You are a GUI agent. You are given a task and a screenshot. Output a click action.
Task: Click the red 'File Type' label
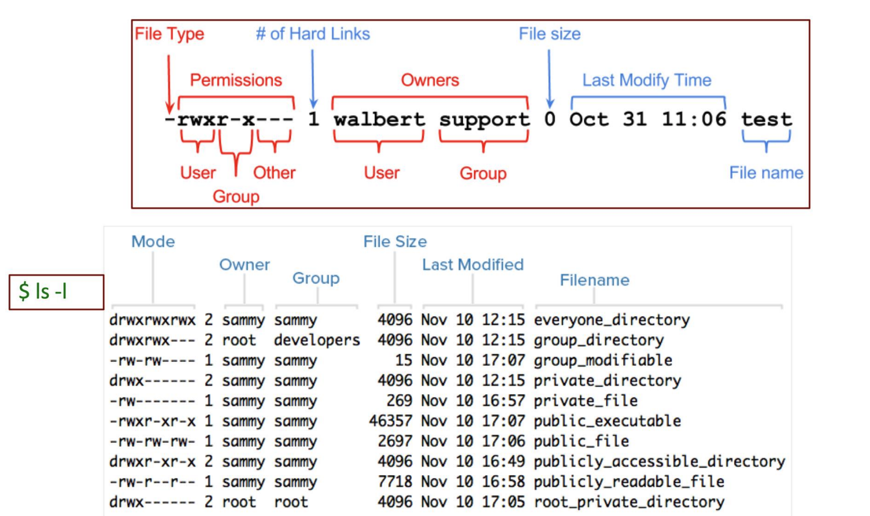pyautogui.click(x=169, y=34)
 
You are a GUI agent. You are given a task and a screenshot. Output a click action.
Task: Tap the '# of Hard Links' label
pyautogui.click(x=313, y=34)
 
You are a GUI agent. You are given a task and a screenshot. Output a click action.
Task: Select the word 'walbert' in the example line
pyautogui.click(x=379, y=120)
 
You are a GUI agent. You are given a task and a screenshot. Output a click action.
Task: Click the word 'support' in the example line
pyautogui.click(x=484, y=120)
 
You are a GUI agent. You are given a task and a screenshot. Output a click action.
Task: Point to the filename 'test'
pyautogui.click(x=766, y=120)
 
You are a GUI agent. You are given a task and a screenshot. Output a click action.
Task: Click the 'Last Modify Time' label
pyautogui.click(x=646, y=80)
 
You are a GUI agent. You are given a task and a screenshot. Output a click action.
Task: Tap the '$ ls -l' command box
pyautogui.click(x=56, y=292)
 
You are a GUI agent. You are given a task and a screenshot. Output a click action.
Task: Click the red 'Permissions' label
pyautogui.click(x=236, y=80)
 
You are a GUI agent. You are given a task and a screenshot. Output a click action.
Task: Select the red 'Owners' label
pyautogui.click(x=430, y=80)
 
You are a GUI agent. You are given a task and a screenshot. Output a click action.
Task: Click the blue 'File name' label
pyautogui.click(x=766, y=173)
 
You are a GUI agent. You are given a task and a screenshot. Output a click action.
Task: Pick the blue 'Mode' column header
pyautogui.click(x=153, y=242)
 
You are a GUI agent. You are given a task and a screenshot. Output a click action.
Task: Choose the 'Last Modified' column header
pyautogui.click(x=473, y=264)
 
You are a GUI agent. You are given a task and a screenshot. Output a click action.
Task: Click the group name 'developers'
pyautogui.click(x=317, y=340)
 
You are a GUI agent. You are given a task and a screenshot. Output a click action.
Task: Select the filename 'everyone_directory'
pyautogui.click(x=611, y=320)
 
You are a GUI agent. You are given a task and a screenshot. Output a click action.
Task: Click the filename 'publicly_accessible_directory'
pyautogui.click(x=659, y=461)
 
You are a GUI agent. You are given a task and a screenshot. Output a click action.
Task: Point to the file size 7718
pyautogui.click(x=395, y=482)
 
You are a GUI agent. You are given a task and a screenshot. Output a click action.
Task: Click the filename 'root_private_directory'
pyautogui.click(x=629, y=502)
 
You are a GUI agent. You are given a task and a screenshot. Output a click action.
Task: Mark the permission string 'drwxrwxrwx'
pyautogui.click(x=152, y=320)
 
